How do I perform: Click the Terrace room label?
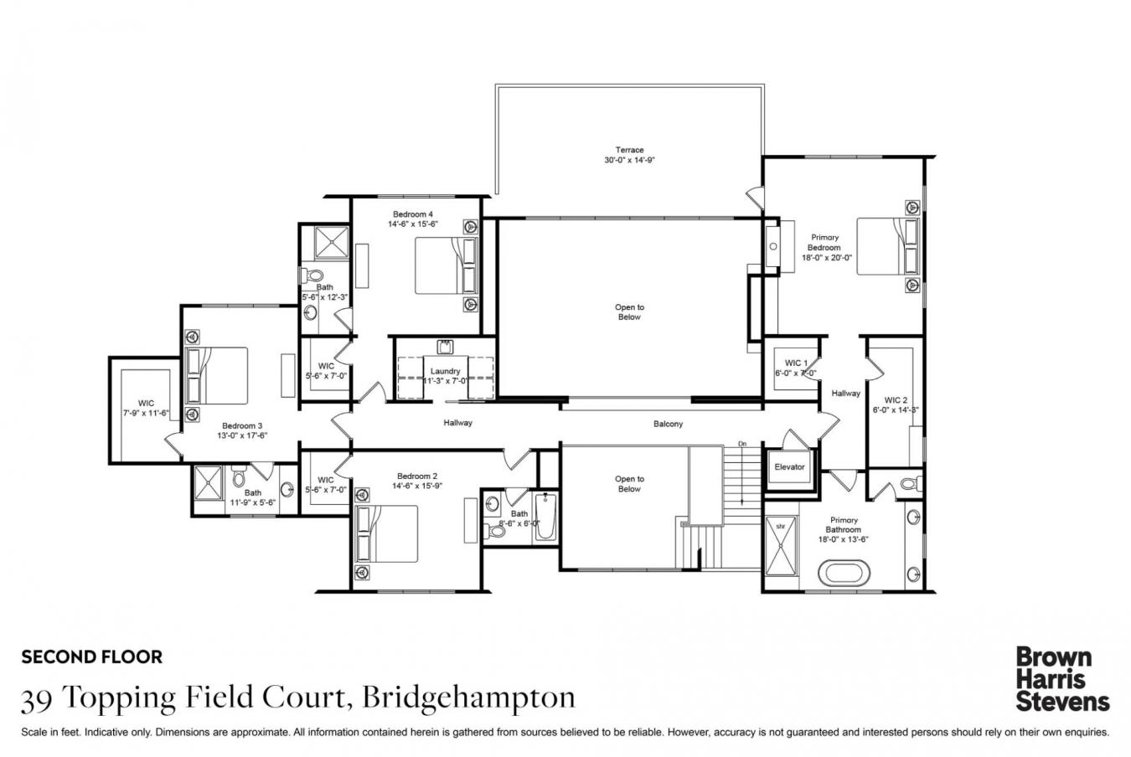(628, 151)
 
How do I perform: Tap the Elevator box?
(789, 467)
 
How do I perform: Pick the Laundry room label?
(445, 371)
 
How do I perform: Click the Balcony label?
(668, 424)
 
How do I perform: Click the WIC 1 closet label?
(796, 363)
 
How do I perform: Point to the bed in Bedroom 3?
(217, 375)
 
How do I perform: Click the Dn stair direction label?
(741, 443)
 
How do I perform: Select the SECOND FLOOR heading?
(92, 657)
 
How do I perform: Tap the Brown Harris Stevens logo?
(1061, 678)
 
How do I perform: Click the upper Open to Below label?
(629, 312)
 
